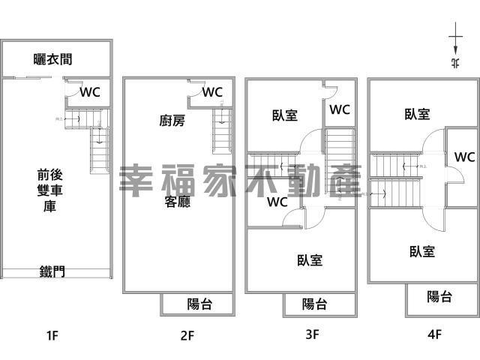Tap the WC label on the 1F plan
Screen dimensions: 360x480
(x=90, y=92)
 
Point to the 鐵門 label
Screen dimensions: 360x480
(x=52, y=271)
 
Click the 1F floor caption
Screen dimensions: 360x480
(x=51, y=335)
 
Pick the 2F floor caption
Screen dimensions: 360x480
(x=187, y=335)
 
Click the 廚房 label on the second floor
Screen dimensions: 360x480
(x=172, y=120)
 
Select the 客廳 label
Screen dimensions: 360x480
(x=177, y=201)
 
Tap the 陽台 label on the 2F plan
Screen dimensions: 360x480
(x=199, y=304)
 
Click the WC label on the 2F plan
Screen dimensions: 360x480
(x=213, y=92)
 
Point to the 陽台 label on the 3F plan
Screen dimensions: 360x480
(x=314, y=304)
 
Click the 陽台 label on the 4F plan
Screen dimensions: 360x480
(x=439, y=296)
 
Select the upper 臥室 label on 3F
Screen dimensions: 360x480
(x=285, y=115)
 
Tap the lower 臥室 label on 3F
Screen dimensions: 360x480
(x=310, y=260)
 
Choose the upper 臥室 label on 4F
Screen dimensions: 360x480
(x=417, y=114)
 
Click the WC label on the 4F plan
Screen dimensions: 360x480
(x=464, y=157)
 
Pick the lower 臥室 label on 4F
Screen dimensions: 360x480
(x=422, y=251)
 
